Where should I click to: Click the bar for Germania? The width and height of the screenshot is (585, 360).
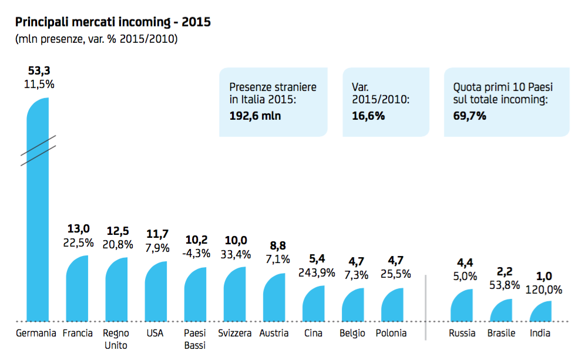point(38,235)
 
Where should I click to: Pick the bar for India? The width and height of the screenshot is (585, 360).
point(540,312)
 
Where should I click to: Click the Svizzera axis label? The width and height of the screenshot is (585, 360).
point(234,333)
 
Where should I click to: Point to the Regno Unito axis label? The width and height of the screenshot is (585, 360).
point(116,339)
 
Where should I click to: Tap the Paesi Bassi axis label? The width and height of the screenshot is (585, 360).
point(195,339)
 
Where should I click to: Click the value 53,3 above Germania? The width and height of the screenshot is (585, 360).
point(39,71)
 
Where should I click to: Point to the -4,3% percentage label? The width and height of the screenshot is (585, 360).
point(195,254)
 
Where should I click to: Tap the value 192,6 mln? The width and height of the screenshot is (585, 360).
point(255,116)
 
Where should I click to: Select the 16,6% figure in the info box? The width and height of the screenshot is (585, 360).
point(368,116)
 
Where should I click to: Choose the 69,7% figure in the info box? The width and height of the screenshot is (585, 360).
point(470,116)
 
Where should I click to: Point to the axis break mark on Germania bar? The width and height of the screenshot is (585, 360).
point(38,150)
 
